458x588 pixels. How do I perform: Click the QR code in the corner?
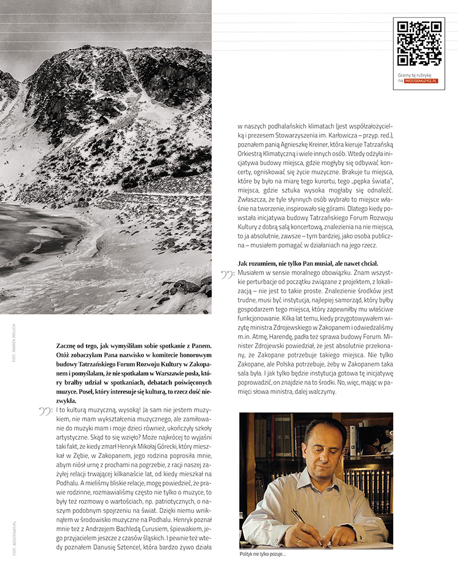click(419, 44)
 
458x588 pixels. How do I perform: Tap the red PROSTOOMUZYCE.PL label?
click(421, 81)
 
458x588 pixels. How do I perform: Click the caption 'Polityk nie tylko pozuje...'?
click(263, 554)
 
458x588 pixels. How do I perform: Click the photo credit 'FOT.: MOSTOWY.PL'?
click(13, 538)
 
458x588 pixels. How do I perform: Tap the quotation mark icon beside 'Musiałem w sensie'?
click(227, 275)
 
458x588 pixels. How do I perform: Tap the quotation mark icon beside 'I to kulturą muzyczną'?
click(46, 411)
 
